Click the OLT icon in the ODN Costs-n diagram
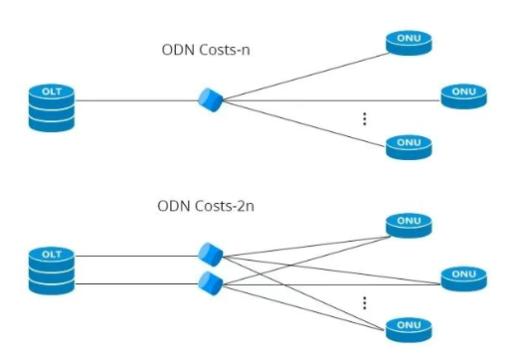point(52,107)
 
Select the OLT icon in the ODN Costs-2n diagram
point(52,270)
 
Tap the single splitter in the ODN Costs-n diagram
point(211,99)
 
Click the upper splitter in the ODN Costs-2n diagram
point(211,255)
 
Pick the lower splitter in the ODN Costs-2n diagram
point(211,283)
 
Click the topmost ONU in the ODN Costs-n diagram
point(409,43)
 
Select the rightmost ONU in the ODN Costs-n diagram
point(464,96)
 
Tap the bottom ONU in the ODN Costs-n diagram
point(409,147)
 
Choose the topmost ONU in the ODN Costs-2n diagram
point(409,226)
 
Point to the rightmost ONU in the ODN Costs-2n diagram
point(464,278)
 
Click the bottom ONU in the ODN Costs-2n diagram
point(409,330)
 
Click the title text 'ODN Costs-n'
point(206,50)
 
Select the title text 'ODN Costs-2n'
point(206,206)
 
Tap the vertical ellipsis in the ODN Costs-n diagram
point(365,118)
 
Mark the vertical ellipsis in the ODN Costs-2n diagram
point(365,303)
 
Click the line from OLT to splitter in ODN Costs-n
point(137,100)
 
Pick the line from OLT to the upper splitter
point(137,256)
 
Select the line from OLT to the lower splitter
point(137,284)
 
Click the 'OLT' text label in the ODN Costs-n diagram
point(52,91)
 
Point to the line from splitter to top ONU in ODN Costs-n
point(306,77)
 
